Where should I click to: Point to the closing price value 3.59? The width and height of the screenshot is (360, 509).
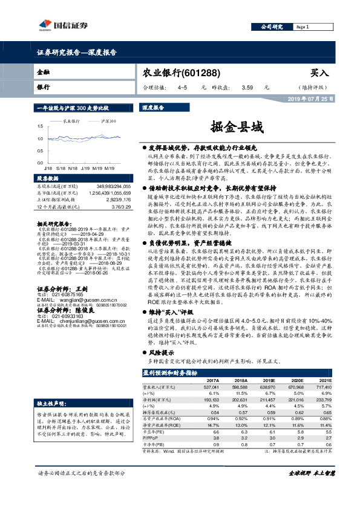[246, 88]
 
